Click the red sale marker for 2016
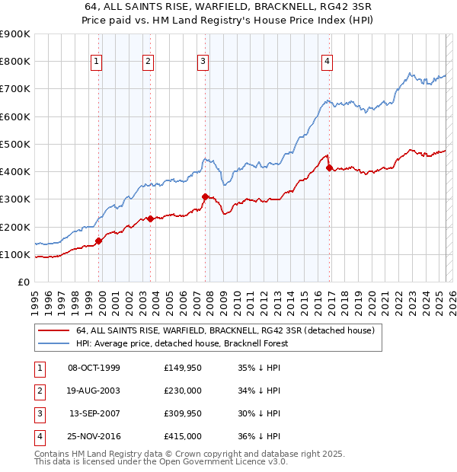329,167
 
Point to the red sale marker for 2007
205,196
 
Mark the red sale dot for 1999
99,241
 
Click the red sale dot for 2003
151,218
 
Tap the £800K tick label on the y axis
15,61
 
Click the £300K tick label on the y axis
15,199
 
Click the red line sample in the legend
53,331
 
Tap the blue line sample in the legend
53,343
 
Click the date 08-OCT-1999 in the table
94,368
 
